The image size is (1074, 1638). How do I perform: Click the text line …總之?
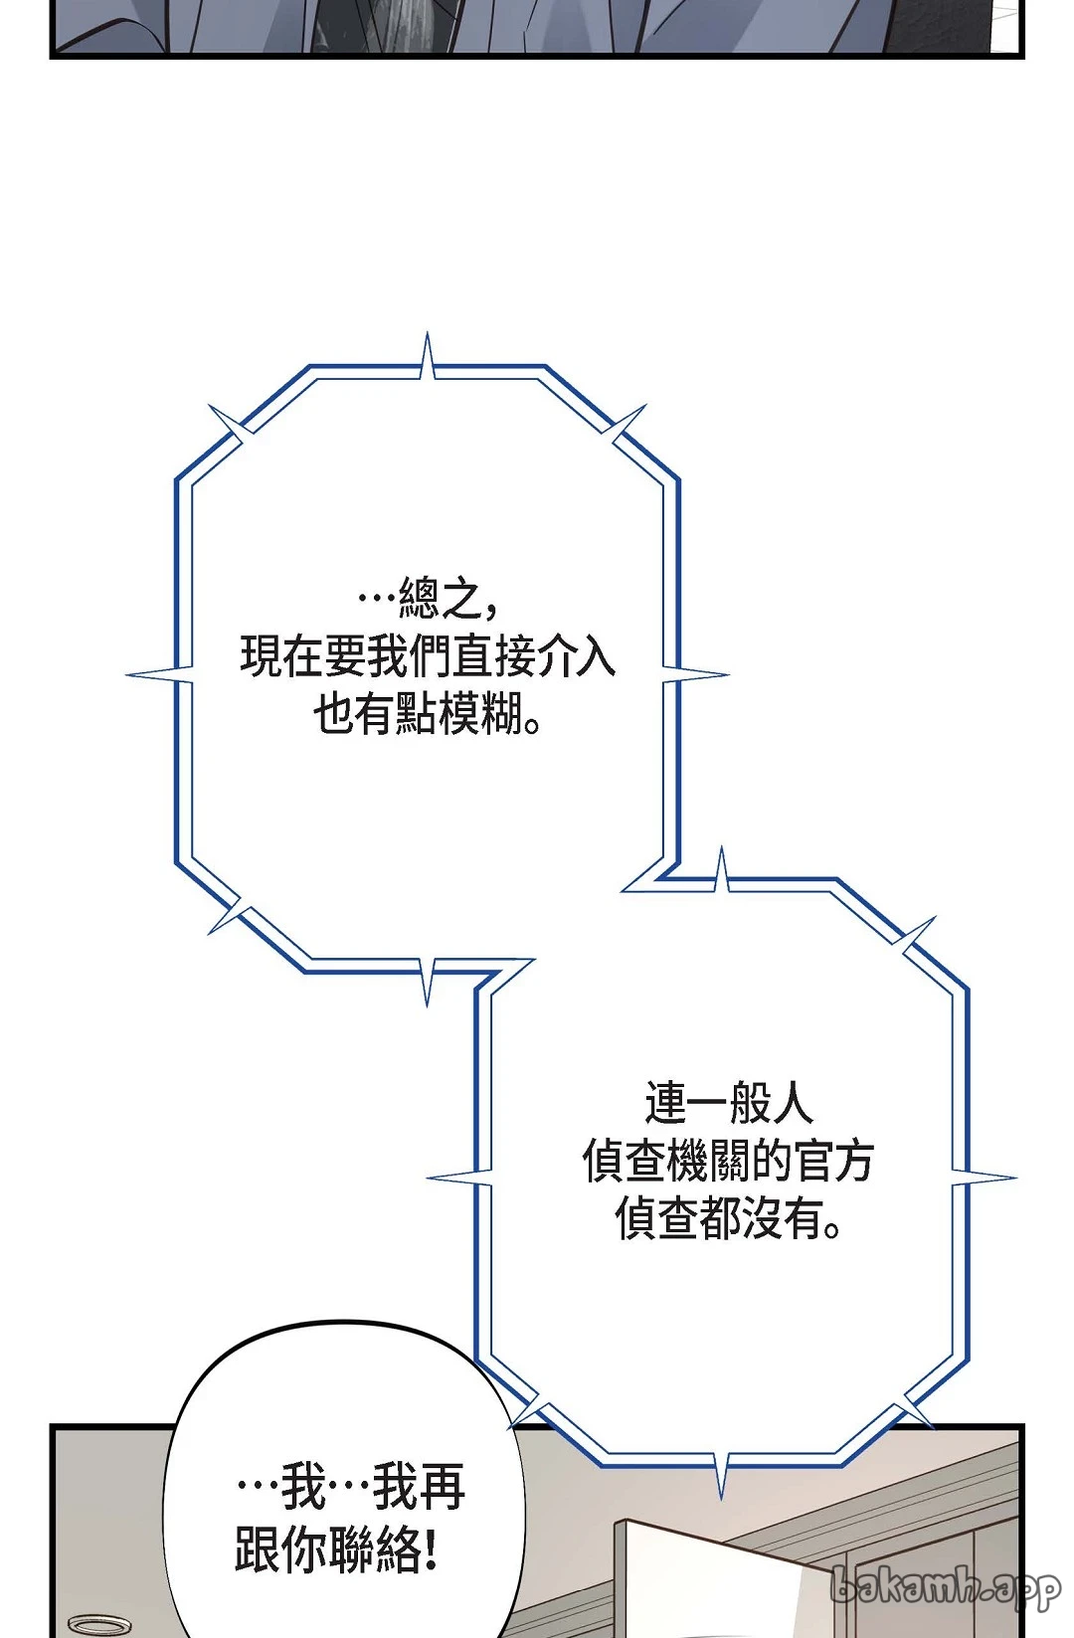tap(429, 597)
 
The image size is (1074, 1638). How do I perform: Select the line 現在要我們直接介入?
tap(428, 655)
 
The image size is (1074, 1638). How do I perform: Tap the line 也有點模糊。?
tap(428, 713)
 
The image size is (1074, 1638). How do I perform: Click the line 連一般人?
tap(728, 1103)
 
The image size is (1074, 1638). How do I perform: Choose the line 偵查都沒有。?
tap(728, 1219)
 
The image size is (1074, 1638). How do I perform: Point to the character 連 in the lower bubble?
tap(664, 1103)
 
